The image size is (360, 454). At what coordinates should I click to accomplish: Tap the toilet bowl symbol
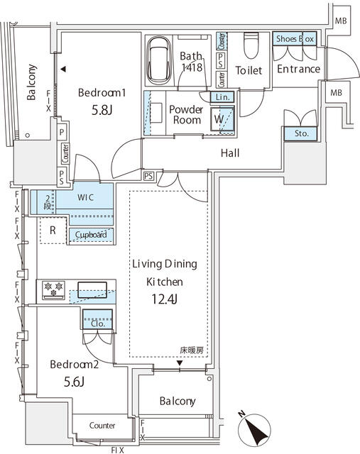pyautogui.click(x=251, y=48)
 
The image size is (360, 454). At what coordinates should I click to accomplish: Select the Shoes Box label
pyautogui.click(x=295, y=40)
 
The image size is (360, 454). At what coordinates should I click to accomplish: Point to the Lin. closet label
pyautogui.click(x=220, y=97)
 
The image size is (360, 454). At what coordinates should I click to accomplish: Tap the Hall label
pyautogui.click(x=229, y=153)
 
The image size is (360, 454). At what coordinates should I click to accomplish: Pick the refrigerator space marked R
pyautogui.click(x=53, y=230)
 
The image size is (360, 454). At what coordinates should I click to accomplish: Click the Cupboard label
pyautogui.click(x=88, y=235)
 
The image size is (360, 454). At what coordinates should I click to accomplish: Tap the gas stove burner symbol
pyautogui.click(x=54, y=287)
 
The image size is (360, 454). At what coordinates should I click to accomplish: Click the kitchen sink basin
pyautogui.click(x=91, y=289)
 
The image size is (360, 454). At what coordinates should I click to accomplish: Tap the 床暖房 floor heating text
pyautogui.click(x=192, y=350)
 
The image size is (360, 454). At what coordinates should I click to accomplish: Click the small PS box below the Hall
pyautogui.click(x=148, y=175)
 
